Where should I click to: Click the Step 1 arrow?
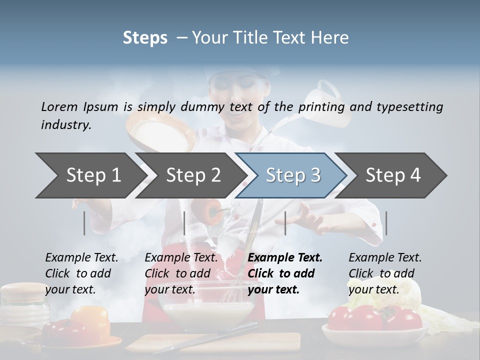pos(90,175)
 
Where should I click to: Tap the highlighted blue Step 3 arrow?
pos(292,175)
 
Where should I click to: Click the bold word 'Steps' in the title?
pos(145,38)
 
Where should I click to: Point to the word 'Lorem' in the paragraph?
pos(59,106)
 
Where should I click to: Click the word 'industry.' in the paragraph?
pos(66,125)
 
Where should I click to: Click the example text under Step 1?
pos(81,273)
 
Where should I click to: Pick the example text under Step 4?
pos(385,273)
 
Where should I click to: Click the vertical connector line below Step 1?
pos(84,223)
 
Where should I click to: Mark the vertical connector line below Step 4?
pos(386,223)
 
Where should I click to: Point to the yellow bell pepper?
pos(90,320)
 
